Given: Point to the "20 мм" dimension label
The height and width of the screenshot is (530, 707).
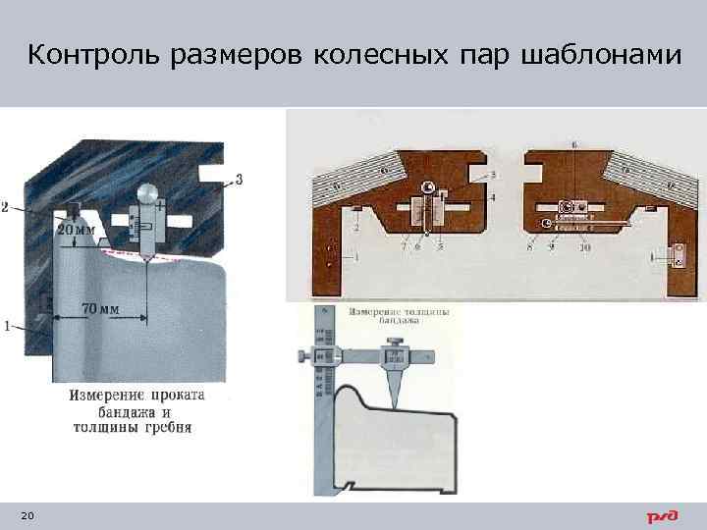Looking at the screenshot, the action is coord(77,229).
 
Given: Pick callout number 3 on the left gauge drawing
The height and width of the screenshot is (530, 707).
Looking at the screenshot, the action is coord(239,179).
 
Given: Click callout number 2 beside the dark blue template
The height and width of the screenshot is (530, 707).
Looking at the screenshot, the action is coord(6,207).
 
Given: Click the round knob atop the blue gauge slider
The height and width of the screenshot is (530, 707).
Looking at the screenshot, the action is coord(147,192).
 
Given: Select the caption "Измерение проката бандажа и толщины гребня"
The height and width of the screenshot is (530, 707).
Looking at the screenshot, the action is coord(136,411).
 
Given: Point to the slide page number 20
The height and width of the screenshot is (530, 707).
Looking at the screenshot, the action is coord(26,516).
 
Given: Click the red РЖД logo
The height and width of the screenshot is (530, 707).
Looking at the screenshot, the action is coord(664,516).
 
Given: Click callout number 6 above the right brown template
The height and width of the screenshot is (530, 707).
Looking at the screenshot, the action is coord(573,144).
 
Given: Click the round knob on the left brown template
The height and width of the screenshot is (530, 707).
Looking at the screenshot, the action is coord(427,187).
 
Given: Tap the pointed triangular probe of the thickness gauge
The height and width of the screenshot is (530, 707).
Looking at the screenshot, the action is coord(397,387).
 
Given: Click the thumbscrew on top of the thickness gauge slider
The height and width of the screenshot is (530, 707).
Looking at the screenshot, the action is coord(396,343).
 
